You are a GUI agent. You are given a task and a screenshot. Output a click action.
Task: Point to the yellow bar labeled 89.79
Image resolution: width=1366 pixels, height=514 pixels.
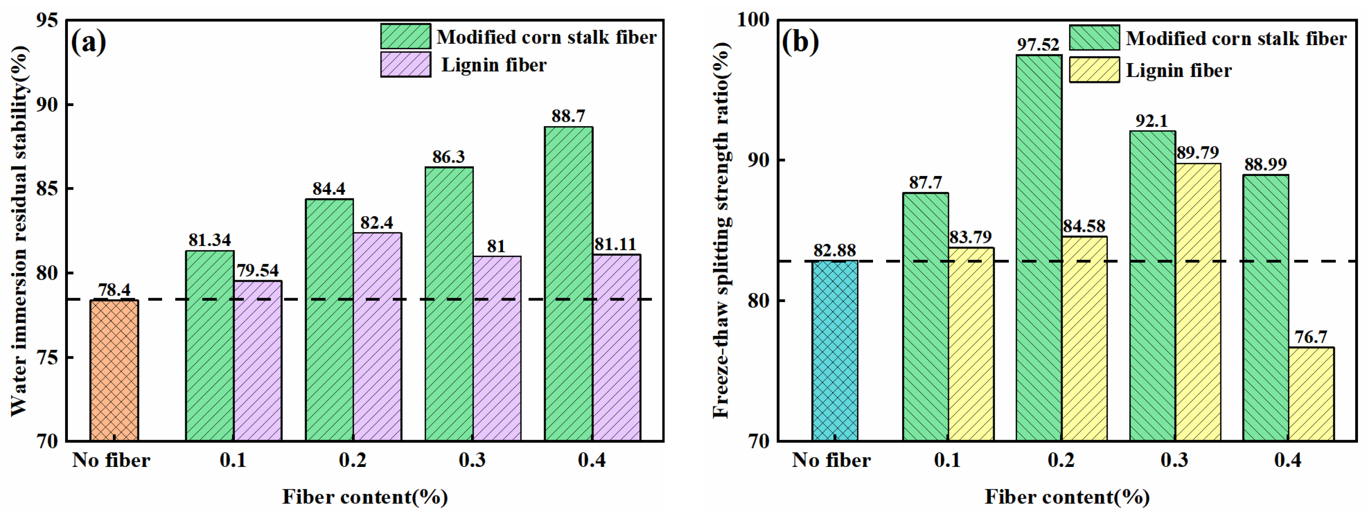tap(1198, 302)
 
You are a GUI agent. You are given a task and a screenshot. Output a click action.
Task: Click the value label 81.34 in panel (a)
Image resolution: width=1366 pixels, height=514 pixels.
tap(210, 240)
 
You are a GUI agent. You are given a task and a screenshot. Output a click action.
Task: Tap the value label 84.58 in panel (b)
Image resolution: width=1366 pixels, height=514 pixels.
tap(1084, 226)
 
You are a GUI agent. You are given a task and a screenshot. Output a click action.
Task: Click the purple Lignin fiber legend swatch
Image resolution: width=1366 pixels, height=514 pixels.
tap(405, 65)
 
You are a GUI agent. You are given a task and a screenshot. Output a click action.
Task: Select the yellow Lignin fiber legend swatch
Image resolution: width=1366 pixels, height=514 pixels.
tap(1094, 70)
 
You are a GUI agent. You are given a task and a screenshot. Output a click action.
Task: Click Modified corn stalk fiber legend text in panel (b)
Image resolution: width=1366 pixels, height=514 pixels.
tap(1235, 38)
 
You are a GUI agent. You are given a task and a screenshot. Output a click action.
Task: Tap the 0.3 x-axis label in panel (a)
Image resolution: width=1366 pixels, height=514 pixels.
tap(472, 460)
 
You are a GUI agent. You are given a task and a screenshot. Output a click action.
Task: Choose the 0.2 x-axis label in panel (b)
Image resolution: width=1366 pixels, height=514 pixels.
tap(1061, 460)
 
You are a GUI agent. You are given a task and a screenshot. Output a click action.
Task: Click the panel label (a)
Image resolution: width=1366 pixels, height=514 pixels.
tap(89, 42)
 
